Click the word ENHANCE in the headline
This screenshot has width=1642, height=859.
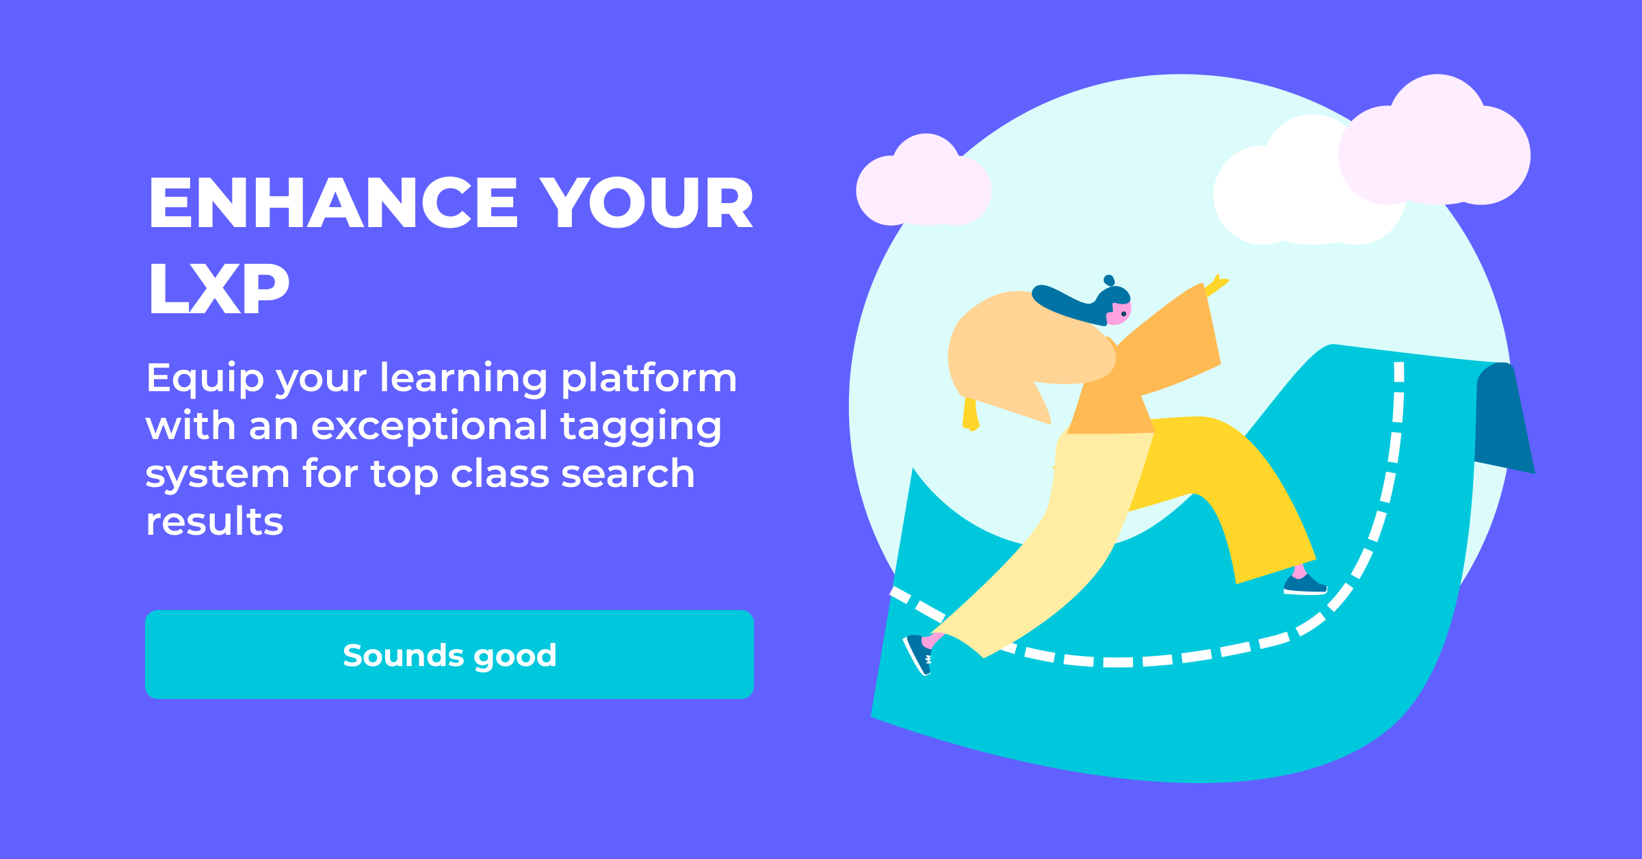point(333,202)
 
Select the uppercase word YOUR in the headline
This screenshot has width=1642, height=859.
point(647,202)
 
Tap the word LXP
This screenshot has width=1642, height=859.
point(219,289)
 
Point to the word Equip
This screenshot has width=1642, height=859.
point(205,380)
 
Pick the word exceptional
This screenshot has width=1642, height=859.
point(430,427)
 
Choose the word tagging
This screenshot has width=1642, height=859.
point(641,427)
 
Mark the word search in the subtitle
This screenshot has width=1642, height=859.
point(627,473)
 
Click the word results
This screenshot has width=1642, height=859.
point(214,521)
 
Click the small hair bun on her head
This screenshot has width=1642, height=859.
point(1109,280)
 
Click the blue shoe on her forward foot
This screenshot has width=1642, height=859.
point(1305,585)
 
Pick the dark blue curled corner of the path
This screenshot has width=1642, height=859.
point(1504,419)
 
